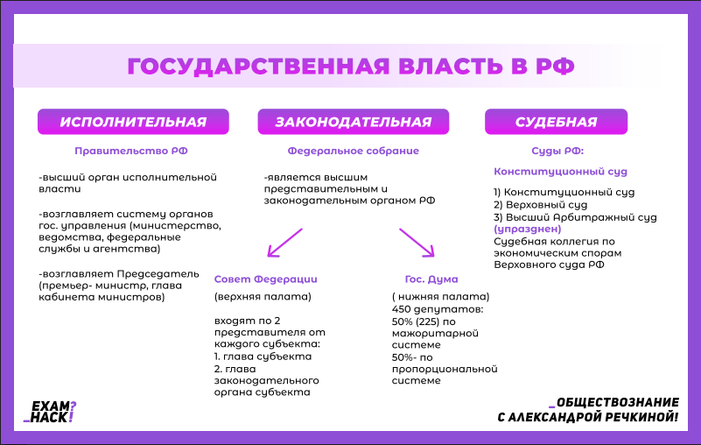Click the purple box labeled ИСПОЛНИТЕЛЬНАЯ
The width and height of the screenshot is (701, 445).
tap(133, 122)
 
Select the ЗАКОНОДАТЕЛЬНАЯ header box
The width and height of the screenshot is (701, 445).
tap(353, 122)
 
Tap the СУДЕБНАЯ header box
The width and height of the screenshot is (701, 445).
tap(556, 122)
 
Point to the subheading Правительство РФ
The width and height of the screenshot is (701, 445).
tap(131, 151)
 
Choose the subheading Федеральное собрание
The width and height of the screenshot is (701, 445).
tap(353, 151)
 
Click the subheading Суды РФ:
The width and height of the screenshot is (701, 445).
tap(557, 151)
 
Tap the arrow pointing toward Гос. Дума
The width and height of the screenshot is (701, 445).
tap(417, 243)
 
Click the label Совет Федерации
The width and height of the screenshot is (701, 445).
tap(265, 279)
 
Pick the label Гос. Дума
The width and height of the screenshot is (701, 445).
tap(425, 279)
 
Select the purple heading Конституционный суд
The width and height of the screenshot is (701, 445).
tap(560, 172)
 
